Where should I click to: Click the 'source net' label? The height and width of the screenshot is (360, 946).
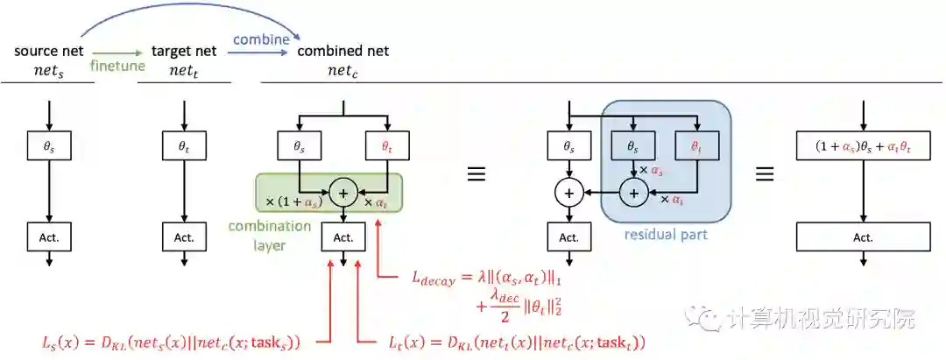(48, 50)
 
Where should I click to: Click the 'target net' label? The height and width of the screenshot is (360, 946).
(183, 50)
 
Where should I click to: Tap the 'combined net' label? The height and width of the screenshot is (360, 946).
(342, 50)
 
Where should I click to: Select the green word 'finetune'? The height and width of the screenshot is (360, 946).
(118, 65)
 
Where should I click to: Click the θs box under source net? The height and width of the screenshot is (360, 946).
(49, 147)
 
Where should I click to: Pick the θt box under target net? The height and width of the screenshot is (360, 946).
(184, 147)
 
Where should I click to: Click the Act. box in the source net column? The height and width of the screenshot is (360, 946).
(49, 236)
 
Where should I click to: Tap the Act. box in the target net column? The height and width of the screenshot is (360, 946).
(184, 236)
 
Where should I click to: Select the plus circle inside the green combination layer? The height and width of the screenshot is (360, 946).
(342, 192)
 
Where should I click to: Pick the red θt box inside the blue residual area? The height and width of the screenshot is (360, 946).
(696, 147)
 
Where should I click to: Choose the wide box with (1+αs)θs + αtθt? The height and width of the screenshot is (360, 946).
(863, 147)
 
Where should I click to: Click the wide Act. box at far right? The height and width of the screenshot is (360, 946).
(863, 236)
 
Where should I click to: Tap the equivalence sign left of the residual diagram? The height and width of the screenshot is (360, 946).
(476, 173)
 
